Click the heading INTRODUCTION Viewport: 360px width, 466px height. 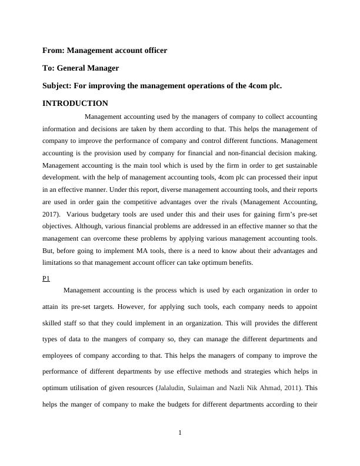(75, 103)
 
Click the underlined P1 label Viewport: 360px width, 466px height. (46, 278)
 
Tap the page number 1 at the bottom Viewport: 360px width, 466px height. (180, 434)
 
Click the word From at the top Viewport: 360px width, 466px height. (54, 51)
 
